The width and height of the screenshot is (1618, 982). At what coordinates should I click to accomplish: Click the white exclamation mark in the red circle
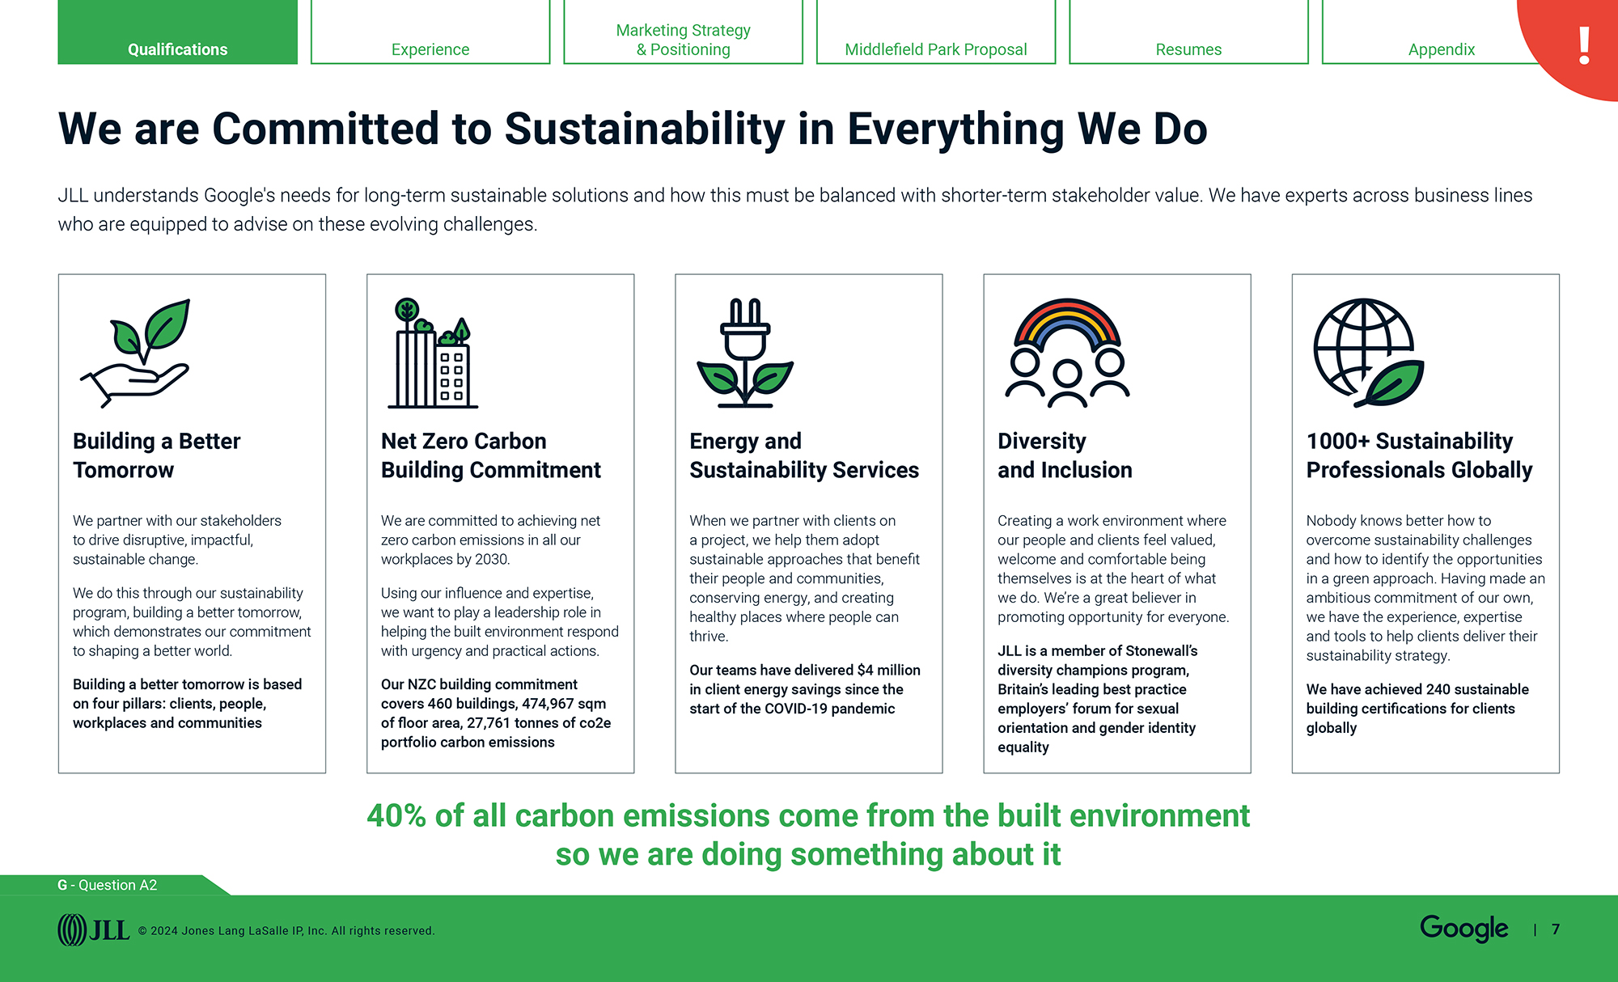pyautogui.click(x=1584, y=45)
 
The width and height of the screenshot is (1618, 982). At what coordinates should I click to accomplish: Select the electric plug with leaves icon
pyautogui.click(x=744, y=353)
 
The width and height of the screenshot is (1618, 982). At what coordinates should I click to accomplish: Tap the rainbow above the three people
pyautogui.click(x=1067, y=324)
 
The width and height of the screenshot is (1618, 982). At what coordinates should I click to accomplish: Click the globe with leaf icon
pyautogui.click(x=1368, y=353)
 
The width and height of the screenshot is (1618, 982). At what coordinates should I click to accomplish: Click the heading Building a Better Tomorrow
pyautogui.click(x=157, y=455)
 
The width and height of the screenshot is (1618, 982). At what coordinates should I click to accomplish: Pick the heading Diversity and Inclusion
pyautogui.click(x=1065, y=455)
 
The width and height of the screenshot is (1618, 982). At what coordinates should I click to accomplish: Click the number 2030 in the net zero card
pyautogui.click(x=492, y=560)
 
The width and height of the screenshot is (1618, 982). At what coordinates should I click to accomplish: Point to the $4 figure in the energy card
pyautogui.click(x=865, y=670)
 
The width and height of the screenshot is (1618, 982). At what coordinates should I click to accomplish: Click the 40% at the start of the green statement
pyautogui.click(x=396, y=815)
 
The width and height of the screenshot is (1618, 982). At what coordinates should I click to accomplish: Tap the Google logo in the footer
pyautogui.click(x=1463, y=929)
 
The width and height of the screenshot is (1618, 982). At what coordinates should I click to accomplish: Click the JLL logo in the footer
pyautogui.click(x=94, y=930)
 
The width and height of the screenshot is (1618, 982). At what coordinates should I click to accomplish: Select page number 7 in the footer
pyautogui.click(x=1556, y=929)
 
